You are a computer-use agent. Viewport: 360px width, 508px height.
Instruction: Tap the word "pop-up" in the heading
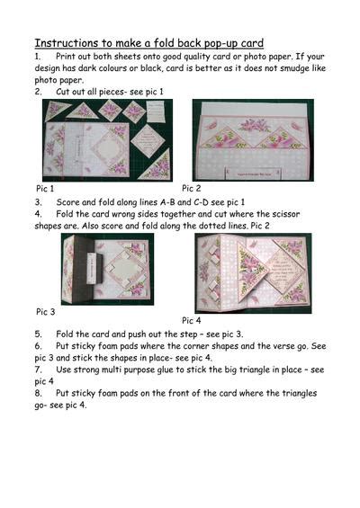pos(223,42)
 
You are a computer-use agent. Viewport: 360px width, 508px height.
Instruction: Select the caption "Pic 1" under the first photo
pos(45,189)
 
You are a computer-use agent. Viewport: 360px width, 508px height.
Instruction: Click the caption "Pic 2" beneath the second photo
pos(192,188)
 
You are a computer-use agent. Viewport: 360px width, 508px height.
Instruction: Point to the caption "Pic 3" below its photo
pos(46,311)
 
